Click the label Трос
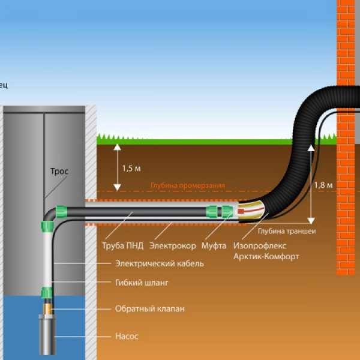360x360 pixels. tap(59, 171)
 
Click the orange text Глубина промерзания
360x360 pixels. tap(188, 186)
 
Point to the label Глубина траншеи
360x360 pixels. tap(287, 230)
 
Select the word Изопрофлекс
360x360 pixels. tap(259, 245)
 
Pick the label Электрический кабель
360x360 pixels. tap(159, 263)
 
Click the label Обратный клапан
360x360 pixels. tap(149, 309)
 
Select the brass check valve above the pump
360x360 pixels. tap(46, 308)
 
